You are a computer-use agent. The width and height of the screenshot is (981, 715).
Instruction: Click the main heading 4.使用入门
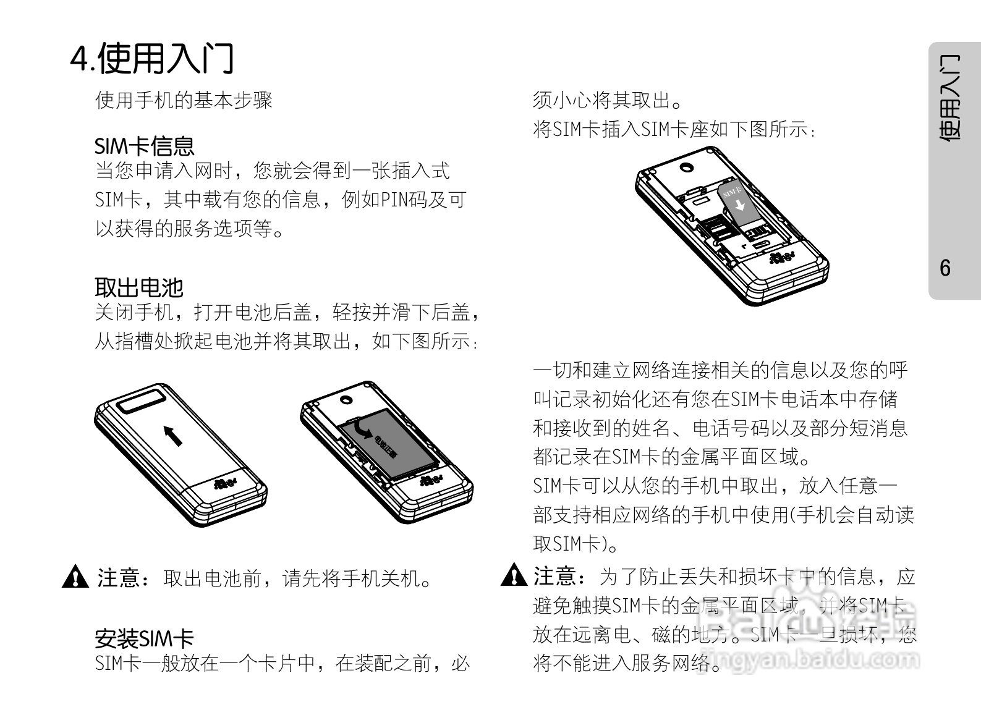[151, 58]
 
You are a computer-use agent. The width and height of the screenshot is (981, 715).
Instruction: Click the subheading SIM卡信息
[144, 146]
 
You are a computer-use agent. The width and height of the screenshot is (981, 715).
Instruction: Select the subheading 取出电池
[139, 287]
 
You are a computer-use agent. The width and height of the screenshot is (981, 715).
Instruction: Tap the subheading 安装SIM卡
[144, 638]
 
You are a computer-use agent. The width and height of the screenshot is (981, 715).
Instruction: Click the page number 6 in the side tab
[945, 268]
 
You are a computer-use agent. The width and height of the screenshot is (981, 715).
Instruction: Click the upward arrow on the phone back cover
[174, 435]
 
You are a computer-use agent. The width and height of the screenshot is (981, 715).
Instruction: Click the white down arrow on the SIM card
[739, 205]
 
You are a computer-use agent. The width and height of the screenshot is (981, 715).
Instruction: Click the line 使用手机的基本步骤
[184, 100]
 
